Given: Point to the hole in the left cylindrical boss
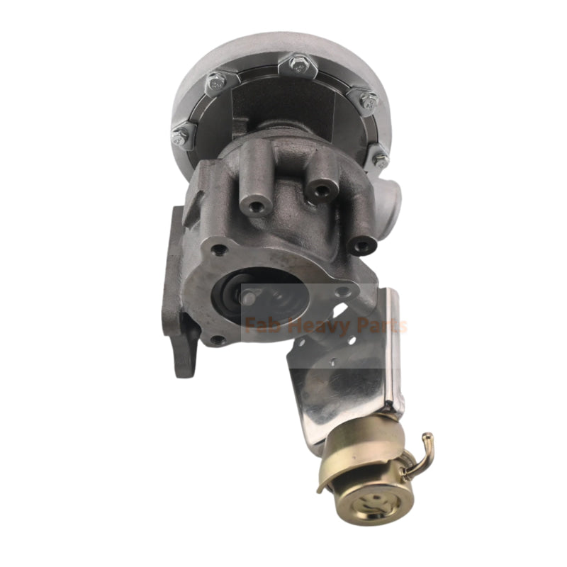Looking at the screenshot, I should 253,207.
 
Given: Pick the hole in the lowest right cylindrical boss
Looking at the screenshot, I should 363,246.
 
